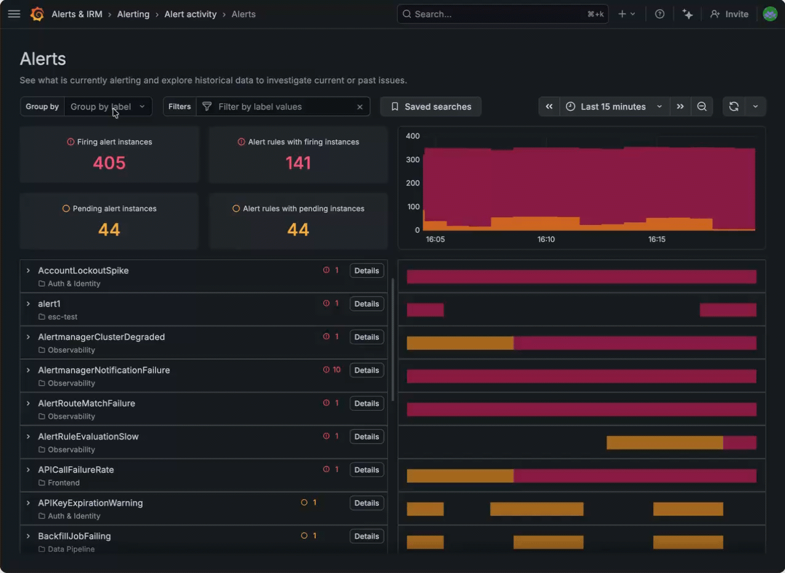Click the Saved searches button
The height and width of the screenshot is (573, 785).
click(431, 106)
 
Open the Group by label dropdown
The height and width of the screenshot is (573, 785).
click(108, 106)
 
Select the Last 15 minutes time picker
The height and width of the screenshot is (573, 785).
click(613, 106)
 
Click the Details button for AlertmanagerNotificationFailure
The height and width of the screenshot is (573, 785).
click(367, 370)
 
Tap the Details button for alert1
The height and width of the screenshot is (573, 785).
click(367, 304)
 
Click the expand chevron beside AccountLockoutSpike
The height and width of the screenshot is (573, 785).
click(28, 271)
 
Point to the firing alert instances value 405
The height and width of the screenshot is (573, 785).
click(109, 163)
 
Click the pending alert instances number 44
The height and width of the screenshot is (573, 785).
click(109, 230)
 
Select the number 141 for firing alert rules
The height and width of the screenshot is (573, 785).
click(298, 163)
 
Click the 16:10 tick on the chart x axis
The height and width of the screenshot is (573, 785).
click(546, 239)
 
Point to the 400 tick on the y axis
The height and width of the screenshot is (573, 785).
click(412, 136)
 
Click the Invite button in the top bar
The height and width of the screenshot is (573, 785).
click(729, 14)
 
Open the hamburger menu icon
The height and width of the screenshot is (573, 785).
click(14, 14)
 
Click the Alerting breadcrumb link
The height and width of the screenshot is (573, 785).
click(133, 14)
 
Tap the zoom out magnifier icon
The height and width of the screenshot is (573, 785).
click(701, 106)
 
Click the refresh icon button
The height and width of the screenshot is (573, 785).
click(733, 106)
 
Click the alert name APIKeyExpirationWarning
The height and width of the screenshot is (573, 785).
click(90, 503)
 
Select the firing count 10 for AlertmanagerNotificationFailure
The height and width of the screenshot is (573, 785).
click(336, 370)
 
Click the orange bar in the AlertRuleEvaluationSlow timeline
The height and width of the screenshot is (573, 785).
click(664, 443)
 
